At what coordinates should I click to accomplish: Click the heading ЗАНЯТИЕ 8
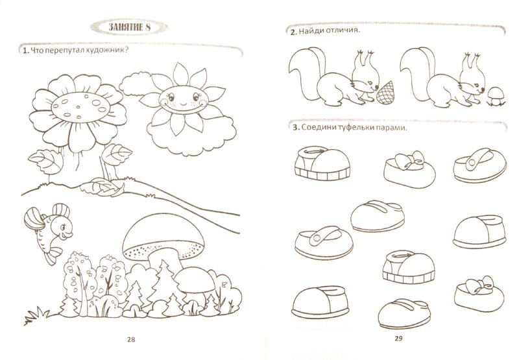129,27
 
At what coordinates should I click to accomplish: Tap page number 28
131,339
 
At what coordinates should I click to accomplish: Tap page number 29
398,338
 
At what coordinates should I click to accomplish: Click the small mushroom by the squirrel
496,96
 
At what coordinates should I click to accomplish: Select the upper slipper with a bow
410,169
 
